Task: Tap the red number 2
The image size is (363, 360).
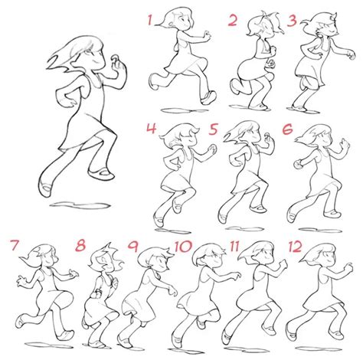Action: point(232,21)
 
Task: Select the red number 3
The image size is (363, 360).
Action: point(293,18)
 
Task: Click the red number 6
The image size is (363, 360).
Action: point(288,129)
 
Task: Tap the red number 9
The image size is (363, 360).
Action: point(133,247)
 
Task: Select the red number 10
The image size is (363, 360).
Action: point(183,247)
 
